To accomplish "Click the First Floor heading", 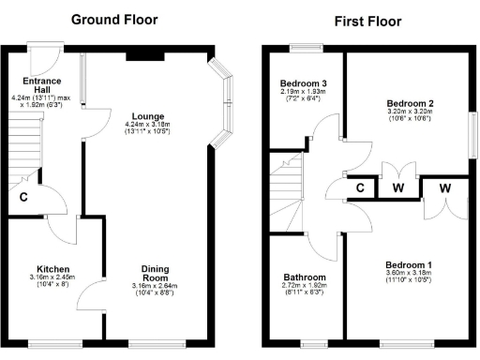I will pyautogui.click(x=367, y=21).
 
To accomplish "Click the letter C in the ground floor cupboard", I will pyautogui.click(x=22, y=197).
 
